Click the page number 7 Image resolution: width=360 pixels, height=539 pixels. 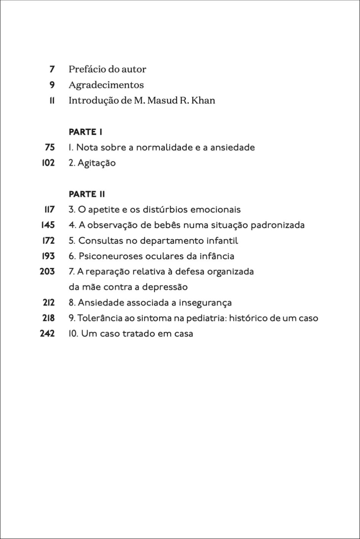coord(52,69)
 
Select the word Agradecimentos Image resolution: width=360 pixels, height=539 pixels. coord(106,85)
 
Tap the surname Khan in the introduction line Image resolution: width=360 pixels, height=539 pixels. coord(204,100)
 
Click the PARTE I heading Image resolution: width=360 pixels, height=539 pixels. coord(85,132)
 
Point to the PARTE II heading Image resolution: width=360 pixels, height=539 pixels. coord(87,194)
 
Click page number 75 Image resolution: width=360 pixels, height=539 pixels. coord(49,147)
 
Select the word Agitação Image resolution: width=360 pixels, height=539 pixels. coord(97,163)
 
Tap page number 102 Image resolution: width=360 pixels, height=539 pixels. coord(48,163)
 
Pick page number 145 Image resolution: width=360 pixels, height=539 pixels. coord(48,225)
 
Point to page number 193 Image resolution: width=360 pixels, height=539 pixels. coord(48,256)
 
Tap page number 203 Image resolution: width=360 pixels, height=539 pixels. coord(47,272)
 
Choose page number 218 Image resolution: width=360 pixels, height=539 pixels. coord(48,318)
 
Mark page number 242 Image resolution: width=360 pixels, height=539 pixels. coord(47,334)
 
